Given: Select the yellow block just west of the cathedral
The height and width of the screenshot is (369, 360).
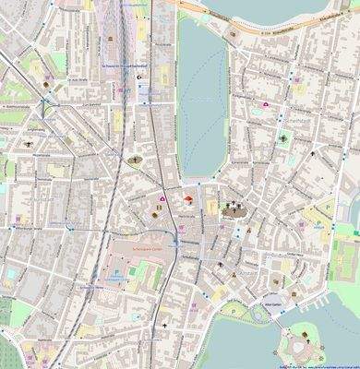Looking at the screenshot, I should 211,207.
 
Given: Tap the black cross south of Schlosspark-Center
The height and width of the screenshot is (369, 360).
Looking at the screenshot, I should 164,327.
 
